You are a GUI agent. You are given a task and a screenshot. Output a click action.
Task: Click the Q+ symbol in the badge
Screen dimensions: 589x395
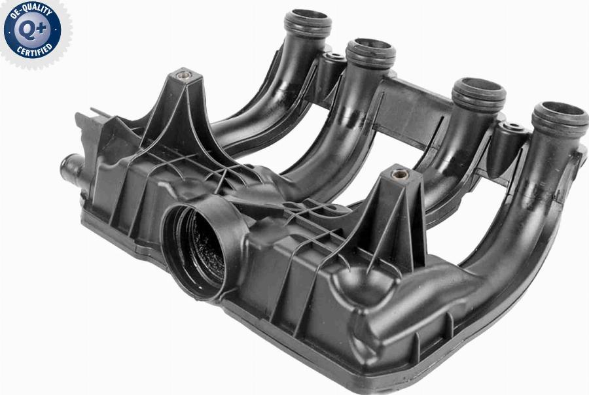(32, 29)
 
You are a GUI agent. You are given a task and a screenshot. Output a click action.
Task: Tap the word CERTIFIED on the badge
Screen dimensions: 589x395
(35, 50)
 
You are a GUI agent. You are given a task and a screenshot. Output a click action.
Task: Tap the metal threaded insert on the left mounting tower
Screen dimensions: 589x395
(184, 75)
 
